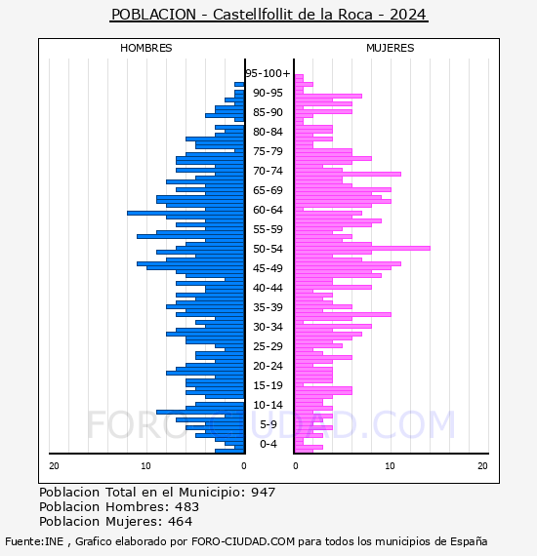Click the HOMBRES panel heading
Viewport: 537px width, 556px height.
click(x=145, y=48)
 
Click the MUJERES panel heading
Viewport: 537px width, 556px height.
click(x=391, y=48)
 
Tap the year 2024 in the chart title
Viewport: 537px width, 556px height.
click(x=408, y=15)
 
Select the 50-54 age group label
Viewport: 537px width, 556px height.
click(x=268, y=249)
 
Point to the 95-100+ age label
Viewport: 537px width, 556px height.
click(x=268, y=73)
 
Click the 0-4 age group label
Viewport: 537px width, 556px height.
click(x=268, y=444)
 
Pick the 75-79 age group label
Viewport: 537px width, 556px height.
click(x=268, y=151)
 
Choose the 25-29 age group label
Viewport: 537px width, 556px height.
click(x=268, y=346)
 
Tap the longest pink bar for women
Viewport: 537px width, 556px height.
click(x=362, y=248)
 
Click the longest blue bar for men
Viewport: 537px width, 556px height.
click(x=186, y=213)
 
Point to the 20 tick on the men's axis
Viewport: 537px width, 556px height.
click(x=54, y=466)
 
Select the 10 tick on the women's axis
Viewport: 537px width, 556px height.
click(x=391, y=466)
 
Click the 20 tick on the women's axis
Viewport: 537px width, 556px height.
click(x=482, y=466)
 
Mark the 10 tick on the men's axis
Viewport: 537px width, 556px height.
click(x=145, y=466)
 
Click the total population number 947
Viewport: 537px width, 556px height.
click(x=263, y=493)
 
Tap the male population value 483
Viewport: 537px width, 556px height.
click(x=187, y=506)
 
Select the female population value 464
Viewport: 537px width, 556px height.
click(x=181, y=521)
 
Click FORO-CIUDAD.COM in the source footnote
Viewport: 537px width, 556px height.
click(x=243, y=541)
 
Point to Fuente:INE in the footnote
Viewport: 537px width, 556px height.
click(x=34, y=541)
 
